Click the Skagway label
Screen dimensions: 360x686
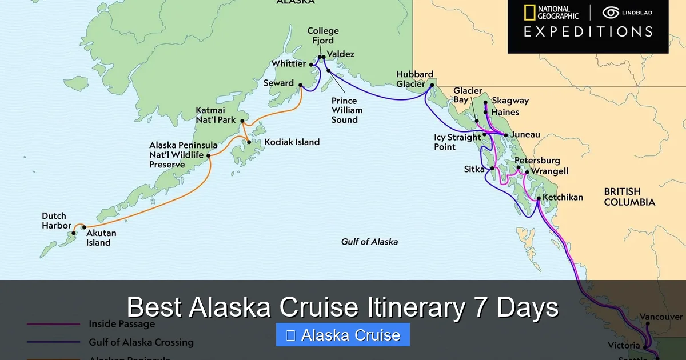click(x=510, y=101)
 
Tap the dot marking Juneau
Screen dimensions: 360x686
click(x=505, y=135)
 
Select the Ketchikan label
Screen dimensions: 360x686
click(x=563, y=198)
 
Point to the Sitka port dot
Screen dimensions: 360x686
click(x=492, y=169)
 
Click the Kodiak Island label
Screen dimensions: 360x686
click(x=291, y=142)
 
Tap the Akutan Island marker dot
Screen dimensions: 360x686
click(x=84, y=227)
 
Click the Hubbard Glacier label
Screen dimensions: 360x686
click(x=415, y=79)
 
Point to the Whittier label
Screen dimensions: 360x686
click(x=289, y=64)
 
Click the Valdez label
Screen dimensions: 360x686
click(x=340, y=54)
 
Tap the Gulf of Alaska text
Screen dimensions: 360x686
click(x=369, y=242)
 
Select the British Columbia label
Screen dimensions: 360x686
click(x=629, y=197)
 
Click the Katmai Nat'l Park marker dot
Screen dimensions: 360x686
click(x=242, y=121)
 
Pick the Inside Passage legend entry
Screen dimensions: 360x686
click(x=121, y=324)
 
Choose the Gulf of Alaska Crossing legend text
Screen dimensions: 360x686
click(x=141, y=342)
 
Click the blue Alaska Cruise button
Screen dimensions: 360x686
click(x=342, y=335)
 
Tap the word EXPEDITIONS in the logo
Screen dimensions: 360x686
click(x=588, y=31)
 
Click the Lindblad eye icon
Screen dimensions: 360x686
click(x=611, y=13)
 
